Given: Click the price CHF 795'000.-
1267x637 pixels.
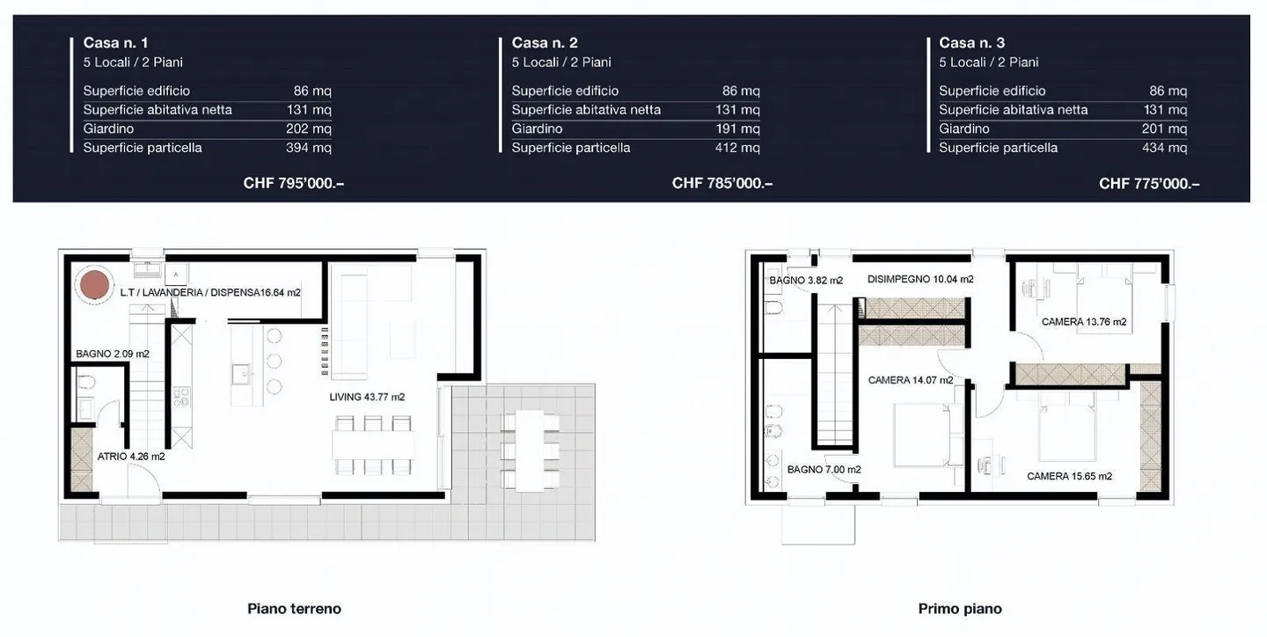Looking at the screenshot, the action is click(294, 183).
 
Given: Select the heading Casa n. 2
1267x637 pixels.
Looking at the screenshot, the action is click(545, 42).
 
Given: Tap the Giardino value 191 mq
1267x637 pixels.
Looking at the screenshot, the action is click(737, 128).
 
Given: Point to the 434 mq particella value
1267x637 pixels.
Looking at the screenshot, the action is click(1165, 148).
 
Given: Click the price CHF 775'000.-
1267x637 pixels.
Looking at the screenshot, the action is click(1149, 183).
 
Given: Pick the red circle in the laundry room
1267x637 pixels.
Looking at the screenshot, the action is click(94, 284).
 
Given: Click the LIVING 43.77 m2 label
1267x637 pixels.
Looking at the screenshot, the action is click(367, 397).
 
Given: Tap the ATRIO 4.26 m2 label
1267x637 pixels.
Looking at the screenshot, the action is click(131, 457).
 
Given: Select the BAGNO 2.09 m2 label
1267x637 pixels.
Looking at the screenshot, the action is click(113, 355).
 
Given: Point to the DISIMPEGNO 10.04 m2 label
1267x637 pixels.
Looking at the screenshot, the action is click(920, 280).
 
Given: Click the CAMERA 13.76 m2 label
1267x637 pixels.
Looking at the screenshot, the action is click(1084, 322).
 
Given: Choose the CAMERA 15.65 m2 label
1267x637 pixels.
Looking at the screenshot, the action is click(1070, 476).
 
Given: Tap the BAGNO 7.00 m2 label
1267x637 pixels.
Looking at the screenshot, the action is click(824, 470).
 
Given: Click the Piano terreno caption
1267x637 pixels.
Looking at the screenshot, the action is click(294, 609).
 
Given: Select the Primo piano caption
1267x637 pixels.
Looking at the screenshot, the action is click(960, 609).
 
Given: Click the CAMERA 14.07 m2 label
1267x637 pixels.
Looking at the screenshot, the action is click(911, 380).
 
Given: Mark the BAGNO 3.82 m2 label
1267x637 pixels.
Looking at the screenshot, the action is click(806, 281).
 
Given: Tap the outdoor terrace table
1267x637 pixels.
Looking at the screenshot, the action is click(530, 450).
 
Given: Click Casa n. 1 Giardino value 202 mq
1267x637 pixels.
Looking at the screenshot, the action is click(308, 128).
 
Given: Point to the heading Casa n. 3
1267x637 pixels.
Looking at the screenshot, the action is click(971, 42).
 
